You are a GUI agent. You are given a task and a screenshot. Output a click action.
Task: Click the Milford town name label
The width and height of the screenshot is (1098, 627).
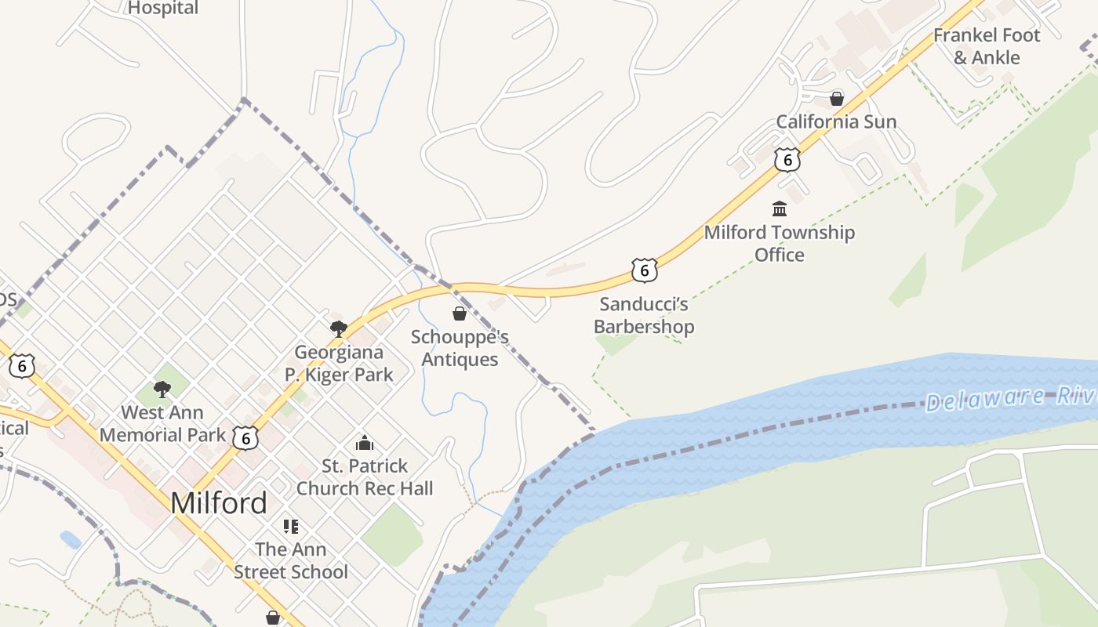[x=219, y=502]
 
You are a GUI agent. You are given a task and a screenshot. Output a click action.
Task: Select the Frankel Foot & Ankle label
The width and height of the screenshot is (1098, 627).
[x=987, y=46]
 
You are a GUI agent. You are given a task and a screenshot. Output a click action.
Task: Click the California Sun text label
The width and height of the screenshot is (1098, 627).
[x=836, y=121]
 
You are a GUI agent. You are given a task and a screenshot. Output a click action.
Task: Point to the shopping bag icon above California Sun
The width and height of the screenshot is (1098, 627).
[x=837, y=99]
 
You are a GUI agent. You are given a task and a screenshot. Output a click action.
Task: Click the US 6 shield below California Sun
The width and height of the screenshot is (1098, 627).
[x=787, y=159]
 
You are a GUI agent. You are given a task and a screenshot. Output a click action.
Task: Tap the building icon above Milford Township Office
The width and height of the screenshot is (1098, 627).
[x=780, y=208]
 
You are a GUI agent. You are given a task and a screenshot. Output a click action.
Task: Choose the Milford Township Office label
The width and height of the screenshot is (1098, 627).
[x=780, y=243]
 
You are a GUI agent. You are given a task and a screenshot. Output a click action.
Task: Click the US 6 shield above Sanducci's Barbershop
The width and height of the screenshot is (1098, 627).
[x=644, y=270]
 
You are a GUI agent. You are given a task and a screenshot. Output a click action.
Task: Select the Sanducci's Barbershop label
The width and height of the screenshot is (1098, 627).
[x=644, y=315]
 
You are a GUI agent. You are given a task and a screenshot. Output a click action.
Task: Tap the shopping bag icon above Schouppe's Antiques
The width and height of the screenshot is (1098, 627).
[x=460, y=313]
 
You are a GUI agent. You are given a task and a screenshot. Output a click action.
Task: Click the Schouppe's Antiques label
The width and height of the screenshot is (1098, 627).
[x=460, y=348]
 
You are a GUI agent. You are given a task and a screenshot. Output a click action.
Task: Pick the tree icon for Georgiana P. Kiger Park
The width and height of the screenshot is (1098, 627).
[x=339, y=328]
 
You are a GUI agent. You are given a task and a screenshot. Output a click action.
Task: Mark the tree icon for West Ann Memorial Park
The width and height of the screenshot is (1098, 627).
[x=162, y=389]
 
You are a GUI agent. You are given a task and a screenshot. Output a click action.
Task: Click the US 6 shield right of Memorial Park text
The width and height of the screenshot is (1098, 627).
[x=245, y=438]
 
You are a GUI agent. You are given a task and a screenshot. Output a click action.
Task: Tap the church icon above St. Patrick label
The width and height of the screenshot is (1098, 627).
[x=365, y=444]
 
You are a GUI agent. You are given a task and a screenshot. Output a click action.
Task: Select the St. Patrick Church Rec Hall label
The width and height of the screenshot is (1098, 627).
[x=365, y=477]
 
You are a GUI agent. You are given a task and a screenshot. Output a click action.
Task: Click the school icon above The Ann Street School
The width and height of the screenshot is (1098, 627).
[x=291, y=526]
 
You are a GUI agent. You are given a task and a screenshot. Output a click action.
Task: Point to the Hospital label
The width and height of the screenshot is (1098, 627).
[x=163, y=8]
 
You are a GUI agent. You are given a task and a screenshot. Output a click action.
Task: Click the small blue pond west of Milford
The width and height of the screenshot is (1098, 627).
[x=71, y=539]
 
